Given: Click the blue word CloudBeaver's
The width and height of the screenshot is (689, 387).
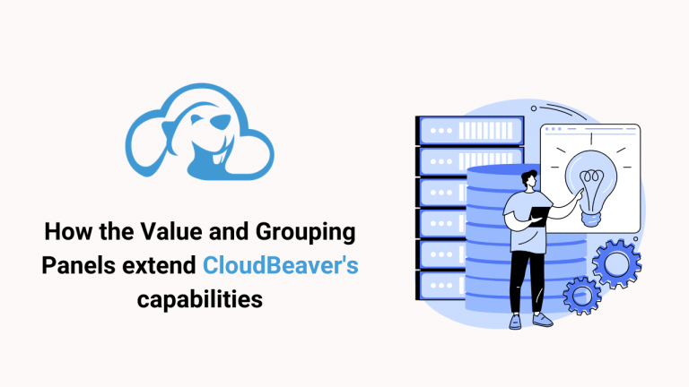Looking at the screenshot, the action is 280,265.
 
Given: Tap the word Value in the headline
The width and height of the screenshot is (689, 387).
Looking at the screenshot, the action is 169,231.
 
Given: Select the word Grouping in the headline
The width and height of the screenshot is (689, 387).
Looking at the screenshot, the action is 305,233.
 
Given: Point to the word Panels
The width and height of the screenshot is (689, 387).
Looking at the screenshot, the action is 79,265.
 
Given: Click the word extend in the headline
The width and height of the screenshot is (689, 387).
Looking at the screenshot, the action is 159,265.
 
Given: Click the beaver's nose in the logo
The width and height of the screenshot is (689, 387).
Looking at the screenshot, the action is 221,121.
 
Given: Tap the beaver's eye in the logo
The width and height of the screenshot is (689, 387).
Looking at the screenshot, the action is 196,118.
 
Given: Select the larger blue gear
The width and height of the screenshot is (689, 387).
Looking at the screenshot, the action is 616,263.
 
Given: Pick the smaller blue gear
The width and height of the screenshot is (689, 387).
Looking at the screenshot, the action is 582,296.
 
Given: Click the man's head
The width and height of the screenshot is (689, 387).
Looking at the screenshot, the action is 529,178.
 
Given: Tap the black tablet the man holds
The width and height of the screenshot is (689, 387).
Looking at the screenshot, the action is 539,216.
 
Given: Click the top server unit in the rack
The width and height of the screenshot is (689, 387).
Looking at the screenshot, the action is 470,130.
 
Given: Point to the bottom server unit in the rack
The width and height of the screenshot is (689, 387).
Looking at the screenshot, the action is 440,286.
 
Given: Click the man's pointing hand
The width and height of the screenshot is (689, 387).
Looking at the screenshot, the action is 580,193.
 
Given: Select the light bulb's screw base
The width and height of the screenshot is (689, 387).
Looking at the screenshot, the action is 590,218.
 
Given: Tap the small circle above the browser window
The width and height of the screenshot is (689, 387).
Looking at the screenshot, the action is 534,108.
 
